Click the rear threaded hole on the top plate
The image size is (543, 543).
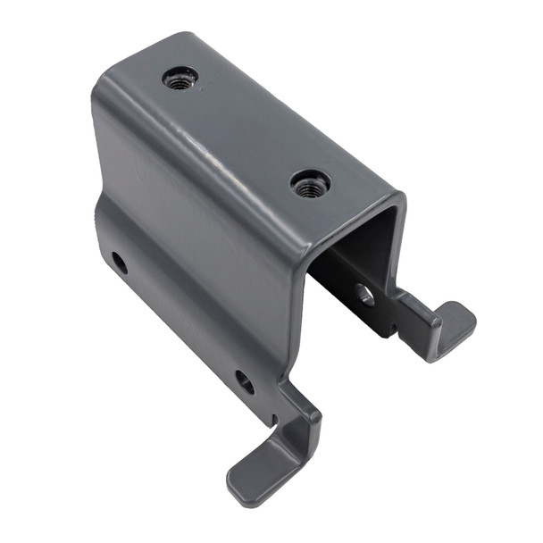(x=179, y=79)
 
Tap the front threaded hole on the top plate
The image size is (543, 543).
(x=310, y=185)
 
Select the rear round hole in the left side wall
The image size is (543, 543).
(x=120, y=263)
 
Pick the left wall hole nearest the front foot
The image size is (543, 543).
(x=245, y=381)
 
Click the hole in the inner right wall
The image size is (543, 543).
(x=363, y=294)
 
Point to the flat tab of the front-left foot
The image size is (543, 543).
(x=259, y=469)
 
